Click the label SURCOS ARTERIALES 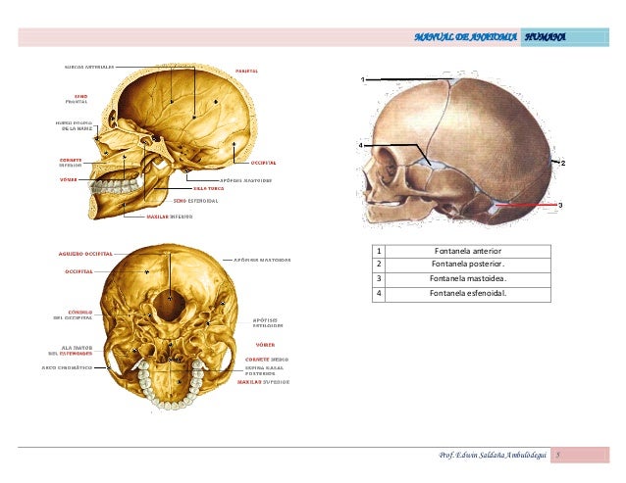coord(89,67)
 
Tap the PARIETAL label coord(246,71)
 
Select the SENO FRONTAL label coord(77,99)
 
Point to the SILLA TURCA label coord(208,187)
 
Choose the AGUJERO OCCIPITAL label coord(85,252)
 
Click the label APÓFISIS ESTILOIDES coord(266,322)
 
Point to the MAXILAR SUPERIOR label coord(262,382)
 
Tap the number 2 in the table coord(379,264)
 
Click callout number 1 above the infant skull coord(362,77)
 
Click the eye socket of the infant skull coord(402,161)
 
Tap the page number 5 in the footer coord(556,456)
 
